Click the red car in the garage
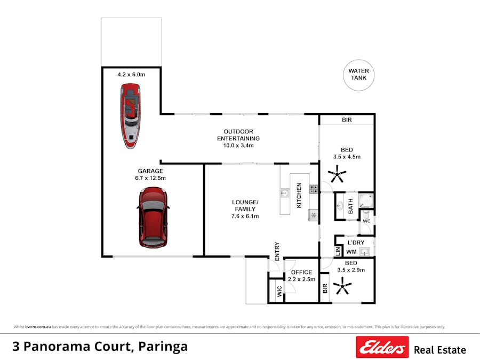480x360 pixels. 153,217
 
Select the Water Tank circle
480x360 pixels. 358,75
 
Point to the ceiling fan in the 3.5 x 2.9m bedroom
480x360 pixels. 342,288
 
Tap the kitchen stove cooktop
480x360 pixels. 314,188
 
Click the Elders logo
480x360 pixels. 382,347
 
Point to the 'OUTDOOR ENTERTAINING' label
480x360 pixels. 238,135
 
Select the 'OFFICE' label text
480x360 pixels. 301,273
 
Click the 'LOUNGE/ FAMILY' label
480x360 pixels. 245,206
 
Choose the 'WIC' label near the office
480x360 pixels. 279,291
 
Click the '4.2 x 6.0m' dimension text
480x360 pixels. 131,75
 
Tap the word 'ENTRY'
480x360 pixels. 277,251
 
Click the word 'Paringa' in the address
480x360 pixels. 163,347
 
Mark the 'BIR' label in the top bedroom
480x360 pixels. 347,120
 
